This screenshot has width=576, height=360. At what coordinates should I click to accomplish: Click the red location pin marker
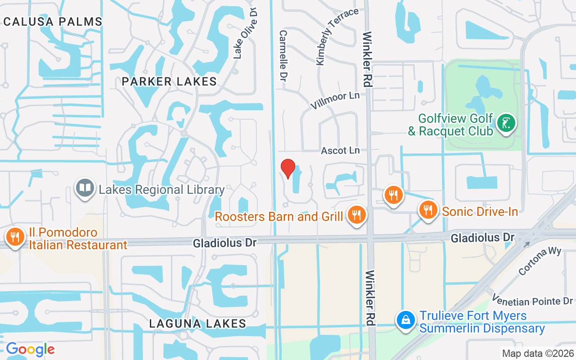coord(288,169)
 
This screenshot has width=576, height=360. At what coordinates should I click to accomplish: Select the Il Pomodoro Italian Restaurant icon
coord(15,236)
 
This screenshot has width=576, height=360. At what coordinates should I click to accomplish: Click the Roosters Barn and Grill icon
coord(357,215)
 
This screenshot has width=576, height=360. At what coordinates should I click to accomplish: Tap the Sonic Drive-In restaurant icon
coord(428,210)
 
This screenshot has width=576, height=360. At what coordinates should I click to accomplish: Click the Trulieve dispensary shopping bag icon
coord(406,320)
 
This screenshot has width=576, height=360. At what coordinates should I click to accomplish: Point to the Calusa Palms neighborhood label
coord(53,21)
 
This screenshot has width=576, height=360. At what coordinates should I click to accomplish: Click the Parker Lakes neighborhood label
coord(170,81)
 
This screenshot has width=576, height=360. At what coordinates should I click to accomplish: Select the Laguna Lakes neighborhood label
coord(198,324)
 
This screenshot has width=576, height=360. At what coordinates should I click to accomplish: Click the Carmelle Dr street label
coord(283,56)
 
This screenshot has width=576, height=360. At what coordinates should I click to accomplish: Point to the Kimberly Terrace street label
coord(337,36)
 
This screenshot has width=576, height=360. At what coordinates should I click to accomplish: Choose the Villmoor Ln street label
coord(335,100)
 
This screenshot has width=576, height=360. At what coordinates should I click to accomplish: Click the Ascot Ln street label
coord(340,151)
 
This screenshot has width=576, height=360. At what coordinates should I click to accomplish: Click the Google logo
coord(30,349)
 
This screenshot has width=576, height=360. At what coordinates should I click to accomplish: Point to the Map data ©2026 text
coord(538,353)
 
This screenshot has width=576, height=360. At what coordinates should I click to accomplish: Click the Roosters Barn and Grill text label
coord(279,216)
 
